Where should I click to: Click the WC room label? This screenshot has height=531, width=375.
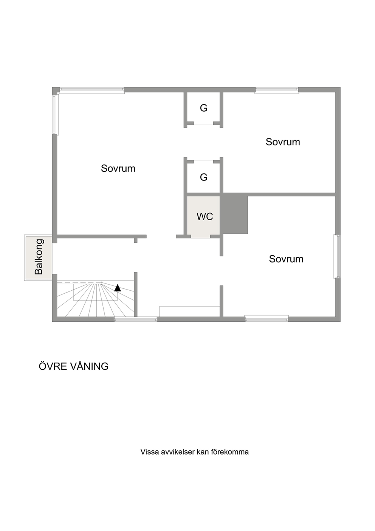[205, 216]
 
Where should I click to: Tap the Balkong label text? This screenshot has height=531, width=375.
[39, 257]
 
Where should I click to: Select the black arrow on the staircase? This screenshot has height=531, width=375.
[118, 288]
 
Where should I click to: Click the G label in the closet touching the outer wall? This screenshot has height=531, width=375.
[203, 108]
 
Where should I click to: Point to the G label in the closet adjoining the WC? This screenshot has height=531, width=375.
[203, 177]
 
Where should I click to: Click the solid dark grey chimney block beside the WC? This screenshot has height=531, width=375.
[234, 214]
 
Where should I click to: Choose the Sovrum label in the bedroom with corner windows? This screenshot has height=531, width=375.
[118, 168]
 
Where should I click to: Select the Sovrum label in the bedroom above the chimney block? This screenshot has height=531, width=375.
[283, 142]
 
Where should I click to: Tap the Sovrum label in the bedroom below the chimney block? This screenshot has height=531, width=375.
[286, 259]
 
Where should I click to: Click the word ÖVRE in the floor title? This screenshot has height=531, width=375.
[53, 366]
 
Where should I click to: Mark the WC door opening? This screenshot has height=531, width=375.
[200, 237]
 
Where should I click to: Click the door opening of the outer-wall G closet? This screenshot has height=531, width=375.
[203, 124]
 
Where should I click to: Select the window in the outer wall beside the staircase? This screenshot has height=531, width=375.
[135, 319]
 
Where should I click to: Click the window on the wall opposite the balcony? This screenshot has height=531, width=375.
[337, 257]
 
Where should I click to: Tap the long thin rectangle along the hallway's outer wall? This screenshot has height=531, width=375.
[189, 311]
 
